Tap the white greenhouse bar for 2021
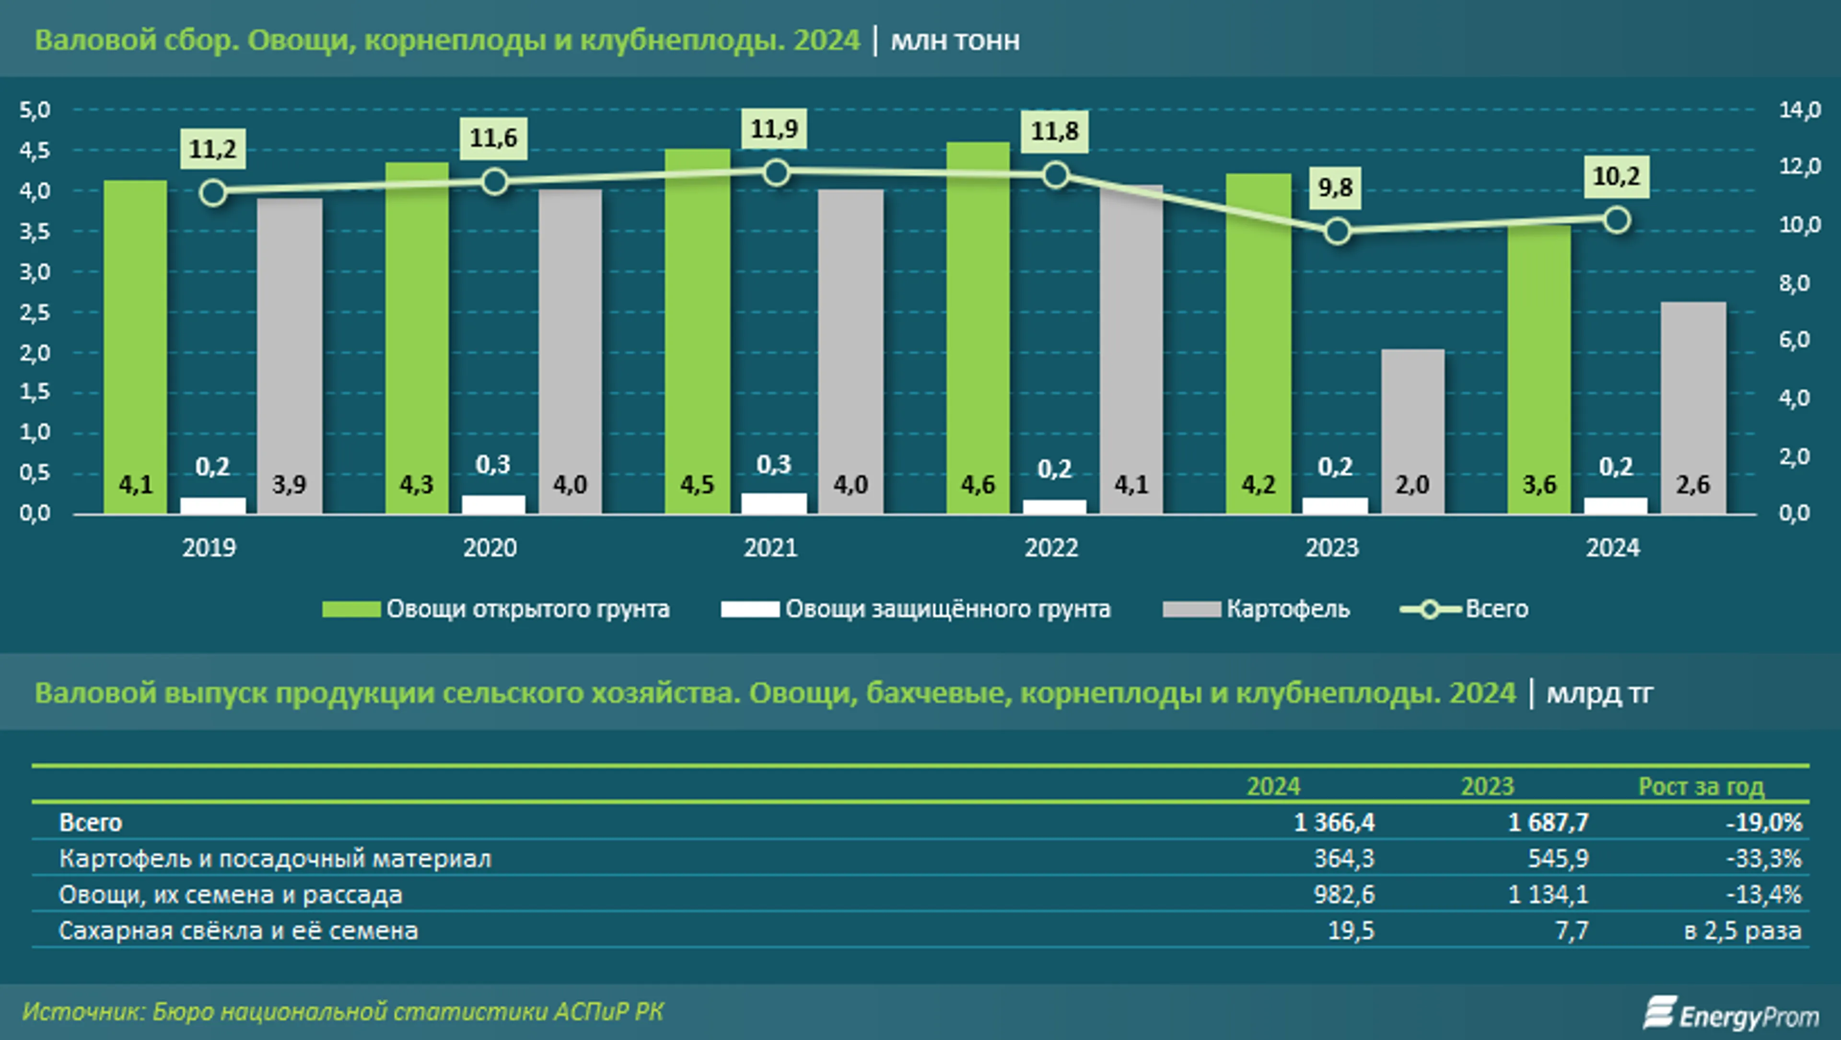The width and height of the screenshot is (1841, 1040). pyautogui.click(x=774, y=503)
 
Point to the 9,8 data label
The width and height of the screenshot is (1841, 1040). pyautogui.click(x=1335, y=188)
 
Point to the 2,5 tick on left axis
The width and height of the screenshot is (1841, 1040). pyautogui.click(x=35, y=313)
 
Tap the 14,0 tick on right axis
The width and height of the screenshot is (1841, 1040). pyautogui.click(x=1800, y=110)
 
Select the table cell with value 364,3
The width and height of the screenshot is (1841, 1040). pyautogui.click(x=1343, y=858)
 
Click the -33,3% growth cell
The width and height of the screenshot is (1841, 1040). pyautogui.click(x=1764, y=858)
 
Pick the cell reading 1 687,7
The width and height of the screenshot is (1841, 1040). pyautogui.click(x=1548, y=822)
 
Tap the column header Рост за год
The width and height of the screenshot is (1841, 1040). pyautogui.click(x=1701, y=787)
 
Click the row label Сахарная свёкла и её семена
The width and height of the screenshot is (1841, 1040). pyautogui.click(x=238, y=931)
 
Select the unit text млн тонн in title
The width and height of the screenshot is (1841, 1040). pyautogui.click(x=955, y=41)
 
